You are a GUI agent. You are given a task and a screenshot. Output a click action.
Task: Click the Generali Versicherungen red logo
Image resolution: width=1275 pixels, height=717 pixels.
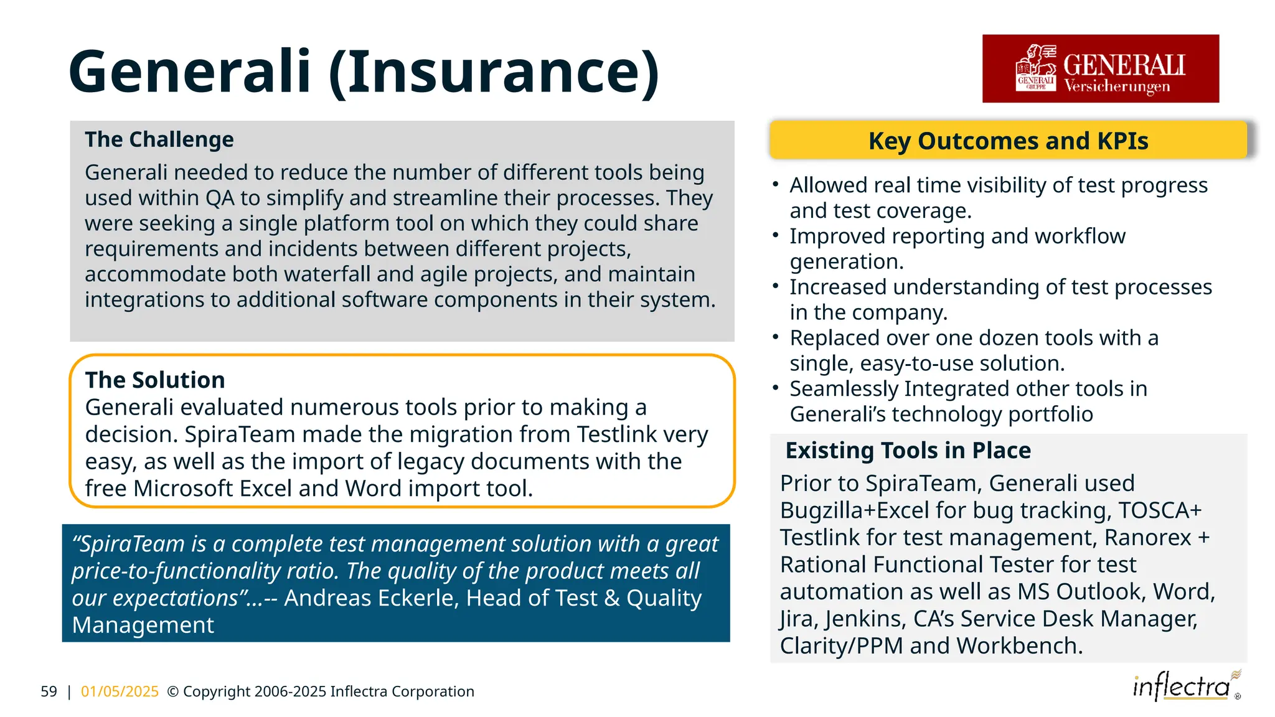[x=1100, y=68]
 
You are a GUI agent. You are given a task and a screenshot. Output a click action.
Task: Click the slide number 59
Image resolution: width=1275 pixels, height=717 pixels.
[x=49, y=691]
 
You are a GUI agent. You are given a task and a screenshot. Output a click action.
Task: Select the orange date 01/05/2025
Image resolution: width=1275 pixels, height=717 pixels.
[x=120, y=691]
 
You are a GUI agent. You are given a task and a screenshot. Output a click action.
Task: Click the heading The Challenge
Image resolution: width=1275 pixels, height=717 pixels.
[x=159, y=139]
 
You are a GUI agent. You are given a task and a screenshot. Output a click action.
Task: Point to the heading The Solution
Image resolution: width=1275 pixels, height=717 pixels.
[x=155, y=380]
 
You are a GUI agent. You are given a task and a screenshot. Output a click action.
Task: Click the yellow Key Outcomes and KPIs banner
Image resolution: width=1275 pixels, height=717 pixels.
[x=1008, y=141]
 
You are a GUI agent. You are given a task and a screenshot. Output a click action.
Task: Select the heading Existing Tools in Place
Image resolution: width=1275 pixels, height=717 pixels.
[x=908, y=450]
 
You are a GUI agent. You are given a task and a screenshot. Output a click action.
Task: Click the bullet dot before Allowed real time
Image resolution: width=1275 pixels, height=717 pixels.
[x=776, y=184]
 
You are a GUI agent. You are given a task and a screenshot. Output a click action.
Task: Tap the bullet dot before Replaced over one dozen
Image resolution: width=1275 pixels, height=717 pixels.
[x=776, y=337]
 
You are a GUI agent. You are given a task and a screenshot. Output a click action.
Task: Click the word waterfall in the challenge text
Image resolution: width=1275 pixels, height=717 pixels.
[x=330, y=274]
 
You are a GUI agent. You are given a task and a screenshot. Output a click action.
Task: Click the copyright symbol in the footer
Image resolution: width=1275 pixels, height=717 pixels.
[x=173, y=691]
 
